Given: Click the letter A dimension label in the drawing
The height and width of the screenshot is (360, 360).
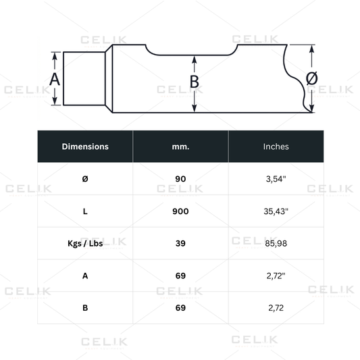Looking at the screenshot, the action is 55,80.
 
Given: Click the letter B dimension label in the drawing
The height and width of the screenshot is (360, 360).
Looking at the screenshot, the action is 195,82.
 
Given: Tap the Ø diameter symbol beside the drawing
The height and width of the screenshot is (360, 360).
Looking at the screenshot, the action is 312,78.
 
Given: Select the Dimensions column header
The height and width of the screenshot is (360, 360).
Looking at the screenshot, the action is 85,147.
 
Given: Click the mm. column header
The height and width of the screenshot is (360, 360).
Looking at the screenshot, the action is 181,147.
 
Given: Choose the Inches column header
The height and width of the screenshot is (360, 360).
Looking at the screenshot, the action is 276,147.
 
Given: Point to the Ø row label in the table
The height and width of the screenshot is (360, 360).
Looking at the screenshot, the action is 85,179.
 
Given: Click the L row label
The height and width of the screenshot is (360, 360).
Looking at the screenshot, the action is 85,211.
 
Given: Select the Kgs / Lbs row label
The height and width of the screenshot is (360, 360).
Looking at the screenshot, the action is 85,243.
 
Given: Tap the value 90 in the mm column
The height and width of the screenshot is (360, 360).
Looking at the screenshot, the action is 180,179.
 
